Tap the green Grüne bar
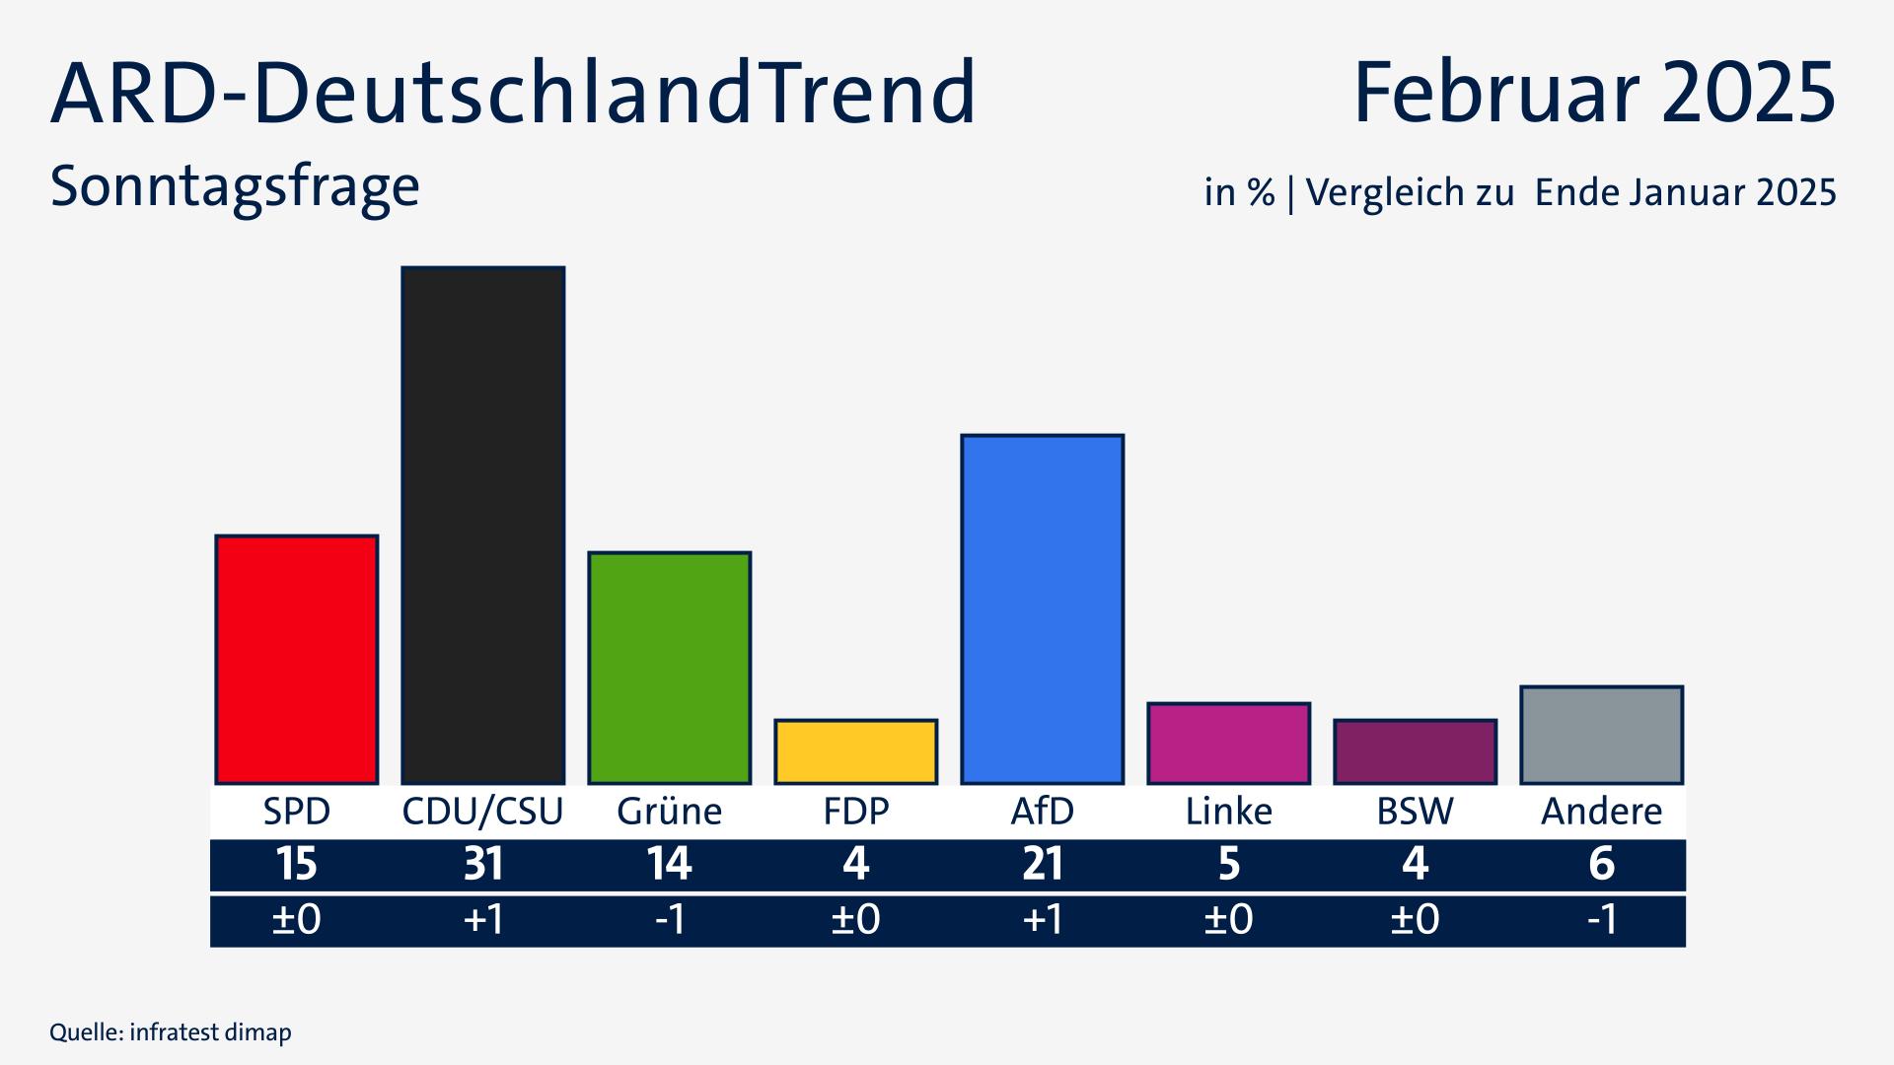[x=669, y=668]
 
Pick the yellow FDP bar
[x=855, y=751]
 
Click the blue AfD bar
[x=1042, y=608]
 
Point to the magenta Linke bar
[x=1228, y=744]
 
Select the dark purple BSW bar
[x=1415, y=751]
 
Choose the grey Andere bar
[x=1601, y=735]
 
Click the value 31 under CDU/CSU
[x=482, y=865]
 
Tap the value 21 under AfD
[x=1042, y=865]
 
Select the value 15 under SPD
[x=296, y=865]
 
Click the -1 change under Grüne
[x=669, y=920]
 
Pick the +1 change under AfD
[x=1042, y=920]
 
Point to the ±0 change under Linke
[x=1228, y=920]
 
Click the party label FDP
[x=855, y=812]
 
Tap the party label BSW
[x=1415, y=812]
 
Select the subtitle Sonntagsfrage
[x=235, y=185]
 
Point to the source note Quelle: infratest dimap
[x=171, y=1032]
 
